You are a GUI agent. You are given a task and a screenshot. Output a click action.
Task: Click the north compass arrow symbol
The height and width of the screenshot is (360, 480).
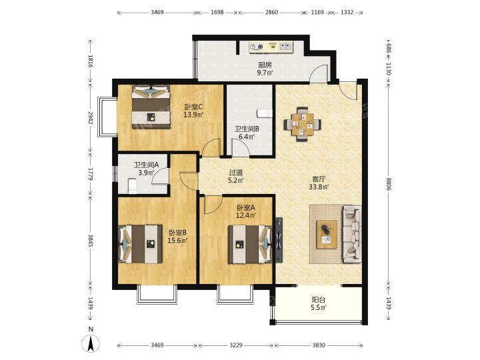pos(91,343)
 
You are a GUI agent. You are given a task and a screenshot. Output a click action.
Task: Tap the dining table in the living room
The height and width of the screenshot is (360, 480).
pos(303,124)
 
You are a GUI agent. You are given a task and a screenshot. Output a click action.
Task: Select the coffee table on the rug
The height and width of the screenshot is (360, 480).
pos(327,235)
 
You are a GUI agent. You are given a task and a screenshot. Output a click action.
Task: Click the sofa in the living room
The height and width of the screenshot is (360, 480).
pos(351,234)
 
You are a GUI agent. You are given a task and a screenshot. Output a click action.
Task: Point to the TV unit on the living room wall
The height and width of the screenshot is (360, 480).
pos(279,240)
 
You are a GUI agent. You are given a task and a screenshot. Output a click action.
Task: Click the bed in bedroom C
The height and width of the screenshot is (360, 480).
pos(151,107)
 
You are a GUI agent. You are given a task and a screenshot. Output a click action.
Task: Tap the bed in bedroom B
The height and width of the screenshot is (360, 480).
pos(140,244)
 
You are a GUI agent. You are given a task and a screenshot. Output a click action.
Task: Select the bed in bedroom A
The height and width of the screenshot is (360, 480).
pos(250,244)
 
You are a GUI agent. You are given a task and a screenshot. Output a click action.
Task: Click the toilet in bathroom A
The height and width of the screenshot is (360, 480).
pos(132,186)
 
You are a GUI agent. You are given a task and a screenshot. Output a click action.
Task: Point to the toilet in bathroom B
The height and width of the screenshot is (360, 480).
pos(264,113)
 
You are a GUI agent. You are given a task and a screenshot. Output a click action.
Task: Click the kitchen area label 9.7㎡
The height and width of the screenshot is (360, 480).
pos(265,73)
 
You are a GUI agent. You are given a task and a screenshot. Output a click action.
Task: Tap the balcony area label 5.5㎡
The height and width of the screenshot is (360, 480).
pos(319,307)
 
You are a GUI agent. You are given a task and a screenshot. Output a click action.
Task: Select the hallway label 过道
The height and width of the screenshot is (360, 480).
pos(236,173)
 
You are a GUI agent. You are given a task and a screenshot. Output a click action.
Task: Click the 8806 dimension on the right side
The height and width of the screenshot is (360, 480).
pos(389,184)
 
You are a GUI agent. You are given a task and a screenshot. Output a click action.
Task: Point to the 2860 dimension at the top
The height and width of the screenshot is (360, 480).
pos(271,12)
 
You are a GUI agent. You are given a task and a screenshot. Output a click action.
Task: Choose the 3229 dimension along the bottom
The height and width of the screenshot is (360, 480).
pos(236,345)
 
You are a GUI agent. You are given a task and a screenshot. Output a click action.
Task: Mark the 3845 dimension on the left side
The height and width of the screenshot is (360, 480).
pos(91,241)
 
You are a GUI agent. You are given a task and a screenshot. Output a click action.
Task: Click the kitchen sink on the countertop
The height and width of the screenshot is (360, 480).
pos(286,47)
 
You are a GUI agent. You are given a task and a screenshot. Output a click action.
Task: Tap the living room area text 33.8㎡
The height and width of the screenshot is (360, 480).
pos(319,187)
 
